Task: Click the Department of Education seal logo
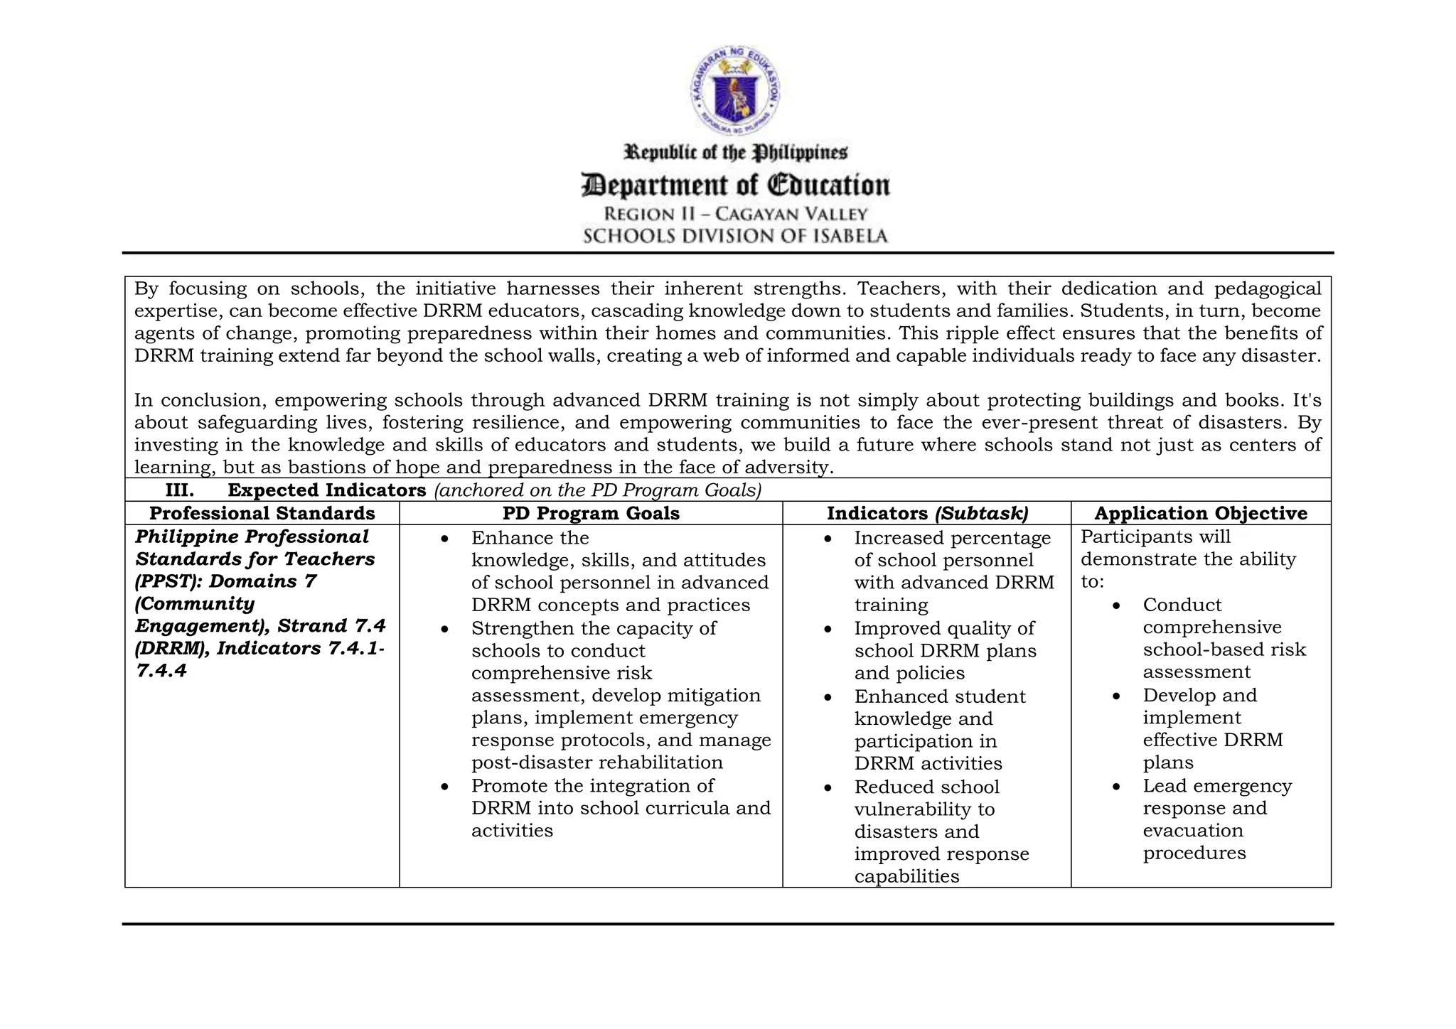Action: click(735, 92)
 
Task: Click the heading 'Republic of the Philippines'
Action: click(735, 153)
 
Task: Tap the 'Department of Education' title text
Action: click(735, 185)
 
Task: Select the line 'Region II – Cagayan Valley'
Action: click(735, 214)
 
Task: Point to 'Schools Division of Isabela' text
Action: click(735, 236)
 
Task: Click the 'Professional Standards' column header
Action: click(262, 513)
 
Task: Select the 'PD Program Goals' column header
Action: click(591, 513)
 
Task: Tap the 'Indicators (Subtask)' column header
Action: click(927, 513)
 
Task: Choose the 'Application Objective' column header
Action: click(1200, 513)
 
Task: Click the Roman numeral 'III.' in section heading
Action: click(179, 490)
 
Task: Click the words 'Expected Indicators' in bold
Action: click(326, 490)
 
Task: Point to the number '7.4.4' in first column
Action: click(161, 671)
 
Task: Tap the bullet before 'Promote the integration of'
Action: click(444, 787)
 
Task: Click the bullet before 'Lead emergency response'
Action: click(1116, 787)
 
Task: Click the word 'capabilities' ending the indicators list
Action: click(906, 876)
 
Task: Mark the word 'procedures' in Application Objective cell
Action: click(1194, 853)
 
